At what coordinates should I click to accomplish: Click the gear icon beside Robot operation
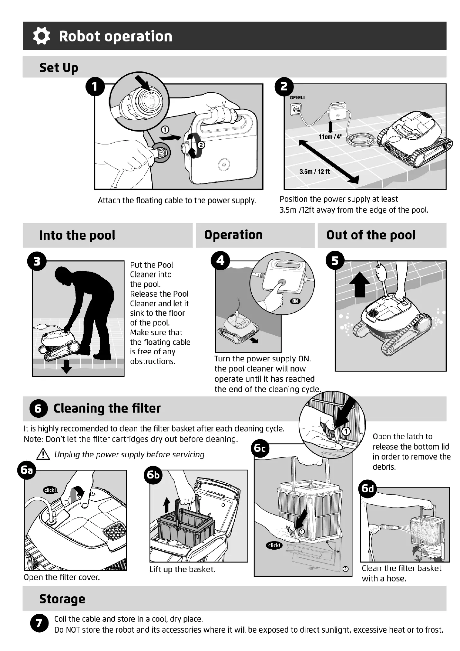tap(41, 36)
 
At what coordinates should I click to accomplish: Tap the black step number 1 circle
tap(95, 87)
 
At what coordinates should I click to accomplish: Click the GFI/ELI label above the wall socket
tap(297, 98)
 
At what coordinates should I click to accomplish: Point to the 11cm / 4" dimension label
tap(330, 137)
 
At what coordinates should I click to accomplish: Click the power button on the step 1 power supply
tap(224, 165)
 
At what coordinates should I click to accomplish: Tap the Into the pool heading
tap(77, 235)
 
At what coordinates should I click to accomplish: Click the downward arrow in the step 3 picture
tap(66, 367)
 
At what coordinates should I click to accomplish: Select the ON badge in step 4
tap(295, 301)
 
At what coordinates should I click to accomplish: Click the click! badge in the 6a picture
tap(50, 490)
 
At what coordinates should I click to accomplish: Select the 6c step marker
tap(260, 448)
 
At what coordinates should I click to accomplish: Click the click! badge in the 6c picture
tap(274, 545)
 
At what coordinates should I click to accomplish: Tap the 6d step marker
tap(368, 488)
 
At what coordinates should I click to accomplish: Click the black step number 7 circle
tap(39, 623)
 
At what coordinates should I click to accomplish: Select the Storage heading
tap(62, 599)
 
